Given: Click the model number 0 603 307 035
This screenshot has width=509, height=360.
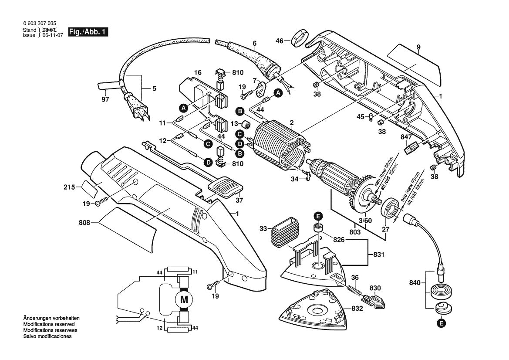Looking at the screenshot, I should coord(39,24).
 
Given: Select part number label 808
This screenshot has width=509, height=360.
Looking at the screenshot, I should coord(84,223).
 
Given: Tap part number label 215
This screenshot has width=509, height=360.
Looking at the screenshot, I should coord(69,188).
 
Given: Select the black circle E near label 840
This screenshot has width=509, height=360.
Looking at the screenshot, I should coord(441,323).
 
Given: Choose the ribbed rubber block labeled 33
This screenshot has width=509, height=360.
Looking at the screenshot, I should coord(285,236).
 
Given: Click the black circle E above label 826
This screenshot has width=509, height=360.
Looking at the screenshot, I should coord(319,216).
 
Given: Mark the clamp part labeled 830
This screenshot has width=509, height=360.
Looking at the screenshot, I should coord(374,299).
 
